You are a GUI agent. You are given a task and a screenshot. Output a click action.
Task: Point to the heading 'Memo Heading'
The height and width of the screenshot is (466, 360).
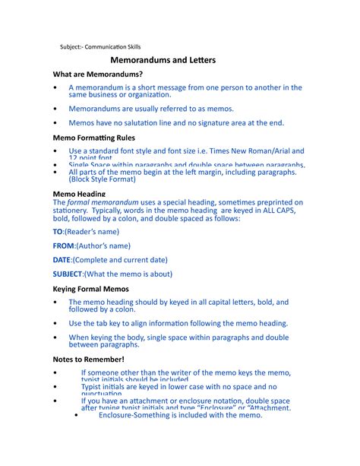[x=78, y=194]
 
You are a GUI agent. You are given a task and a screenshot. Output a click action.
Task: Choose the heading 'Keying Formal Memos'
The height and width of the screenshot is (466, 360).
[x=90, y=289]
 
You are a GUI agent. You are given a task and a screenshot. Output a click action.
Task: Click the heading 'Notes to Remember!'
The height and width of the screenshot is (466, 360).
[x=87, y=358]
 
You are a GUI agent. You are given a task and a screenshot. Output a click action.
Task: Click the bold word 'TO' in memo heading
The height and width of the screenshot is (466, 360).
[x=58, y=230]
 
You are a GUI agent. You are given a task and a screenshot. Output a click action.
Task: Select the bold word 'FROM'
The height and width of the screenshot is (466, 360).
[x=63, y=246]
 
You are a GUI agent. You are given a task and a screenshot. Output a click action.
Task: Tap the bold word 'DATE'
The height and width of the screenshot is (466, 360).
[x=62, y=260]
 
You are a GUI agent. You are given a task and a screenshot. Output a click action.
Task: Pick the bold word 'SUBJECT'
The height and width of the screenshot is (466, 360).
[x=68, y=274]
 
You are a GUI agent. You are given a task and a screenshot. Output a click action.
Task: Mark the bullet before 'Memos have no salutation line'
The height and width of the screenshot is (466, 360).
[x=55, y=122]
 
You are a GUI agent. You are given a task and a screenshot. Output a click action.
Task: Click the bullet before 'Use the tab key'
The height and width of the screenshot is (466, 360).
[x=55, y=323]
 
